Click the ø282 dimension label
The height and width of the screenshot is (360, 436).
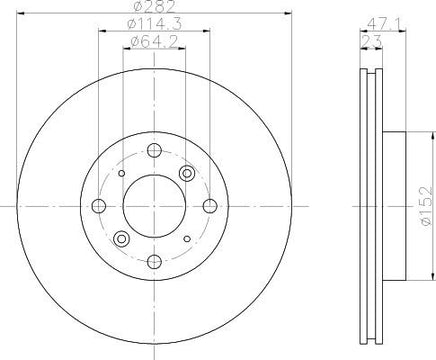[x=154, y=6]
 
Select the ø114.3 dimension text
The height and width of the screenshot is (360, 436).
[x=154, y=24]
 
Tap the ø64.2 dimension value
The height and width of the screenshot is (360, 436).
[x=154, y=42]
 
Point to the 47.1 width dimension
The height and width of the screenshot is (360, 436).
[x=383, y=24]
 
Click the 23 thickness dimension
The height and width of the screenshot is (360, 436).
[x=371, y=42]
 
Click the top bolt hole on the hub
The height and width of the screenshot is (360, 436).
[x=154, y=150]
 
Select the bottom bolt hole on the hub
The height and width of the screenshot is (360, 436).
[x=154, y=261]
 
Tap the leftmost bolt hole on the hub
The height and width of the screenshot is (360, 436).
[x=99, y=206]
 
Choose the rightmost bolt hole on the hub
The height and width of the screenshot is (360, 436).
[x=210, y=206]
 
